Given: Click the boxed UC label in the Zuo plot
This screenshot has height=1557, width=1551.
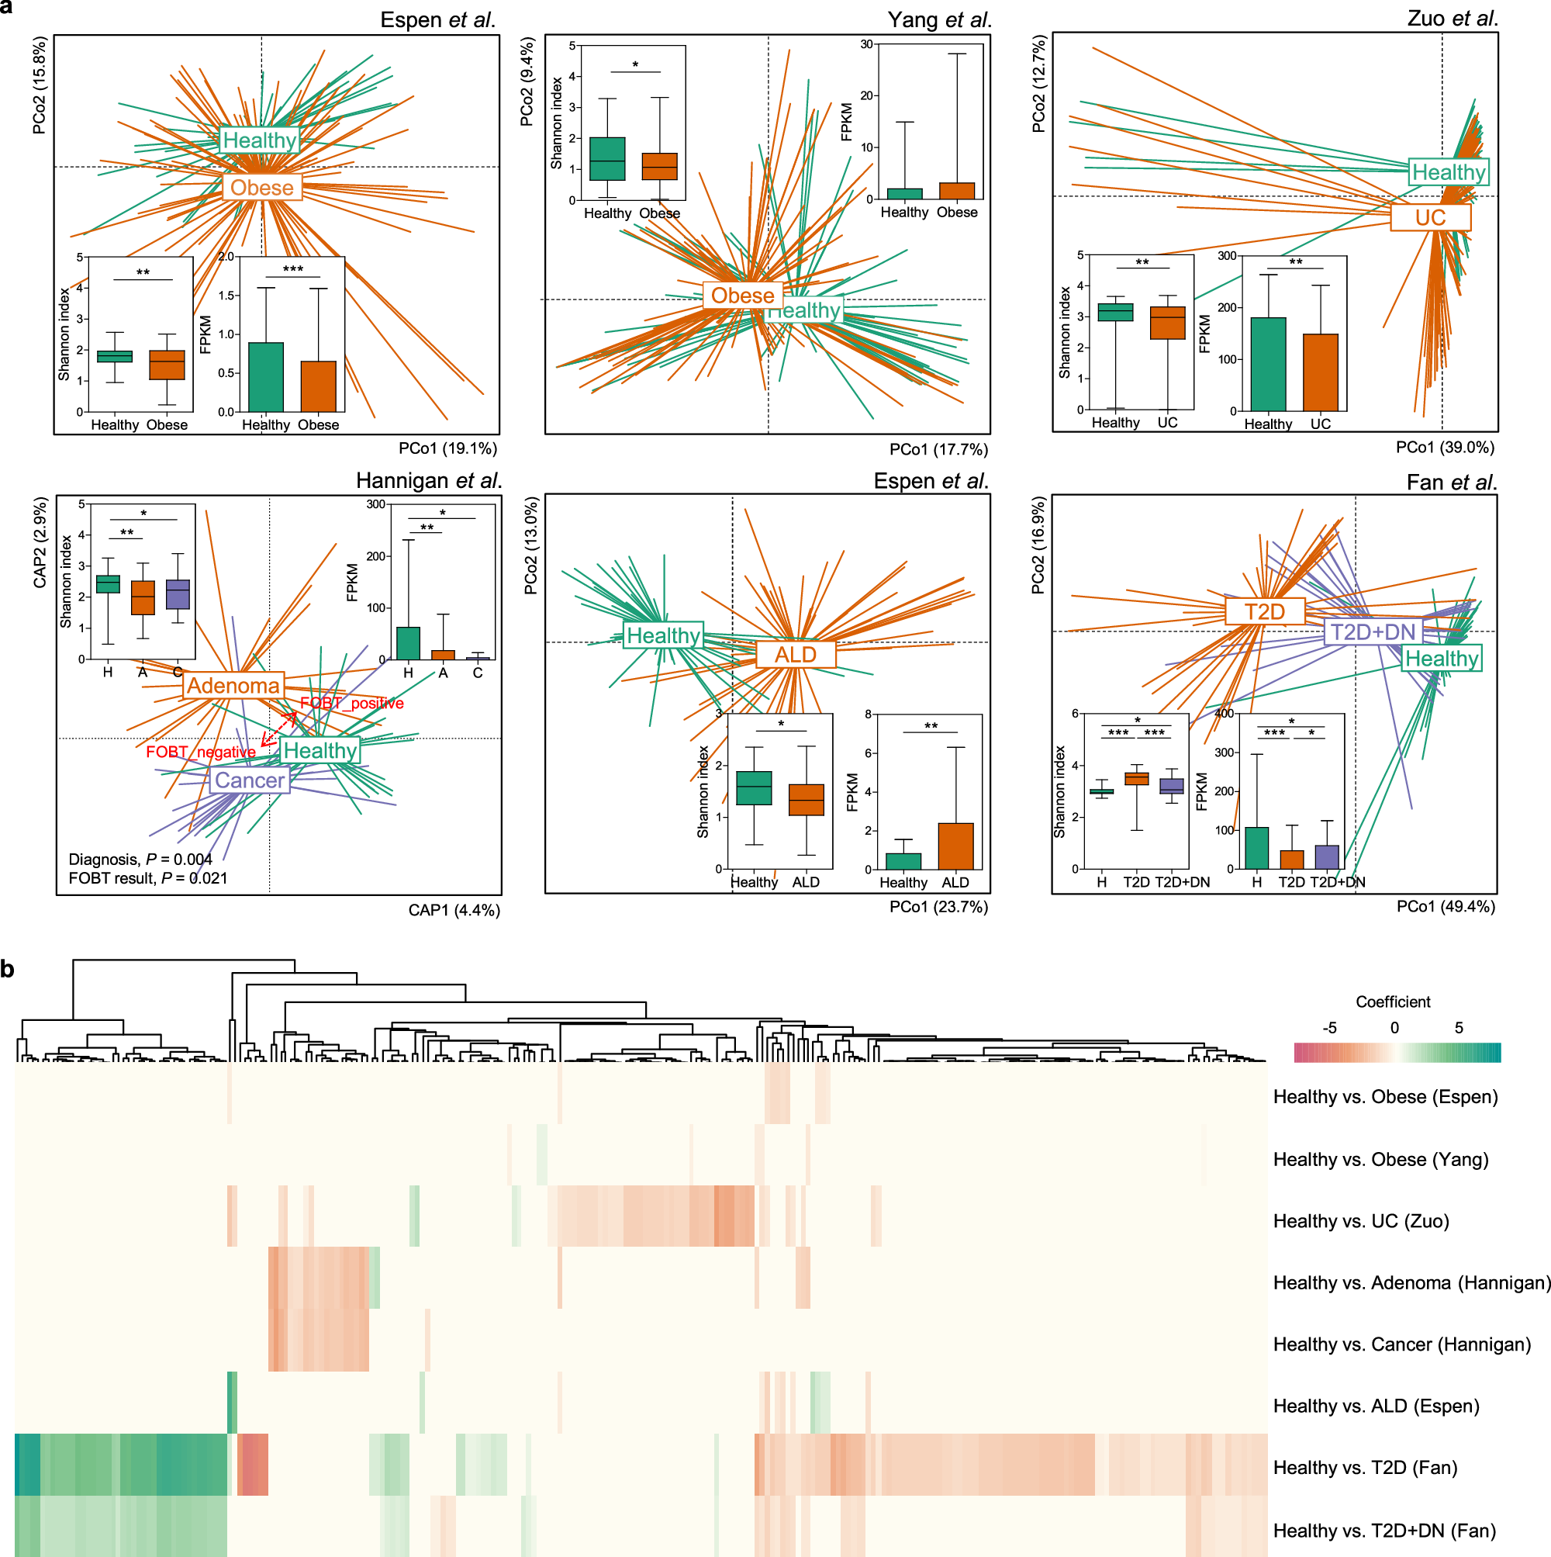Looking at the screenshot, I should [x=1430, y=217].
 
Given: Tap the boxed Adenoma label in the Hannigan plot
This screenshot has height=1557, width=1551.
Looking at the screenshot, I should [x=233, y=686].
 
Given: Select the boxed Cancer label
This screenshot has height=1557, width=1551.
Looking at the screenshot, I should [x=250, y=780].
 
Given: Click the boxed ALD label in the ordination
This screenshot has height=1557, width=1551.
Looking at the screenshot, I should [x=795, y=655].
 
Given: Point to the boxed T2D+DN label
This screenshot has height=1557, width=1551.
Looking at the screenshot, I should [x=1372, y=631].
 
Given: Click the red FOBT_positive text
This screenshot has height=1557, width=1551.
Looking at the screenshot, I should [x=352, y=704].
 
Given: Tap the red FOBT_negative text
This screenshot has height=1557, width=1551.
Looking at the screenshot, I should [x=201, y=752].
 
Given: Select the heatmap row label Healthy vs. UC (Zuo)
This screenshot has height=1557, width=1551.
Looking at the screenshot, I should [x=1361, y=1221].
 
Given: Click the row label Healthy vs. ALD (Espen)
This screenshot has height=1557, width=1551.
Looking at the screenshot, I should [x=1377, y=1406].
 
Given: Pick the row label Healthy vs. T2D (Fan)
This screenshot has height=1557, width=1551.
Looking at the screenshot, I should [x=1365, y=1467].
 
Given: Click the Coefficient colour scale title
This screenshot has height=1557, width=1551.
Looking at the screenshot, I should [x=1393, y=1002].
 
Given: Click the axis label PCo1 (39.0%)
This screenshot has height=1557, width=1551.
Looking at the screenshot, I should [x=1446, y=448].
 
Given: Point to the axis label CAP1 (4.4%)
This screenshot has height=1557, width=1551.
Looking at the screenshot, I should [x=454, y=910].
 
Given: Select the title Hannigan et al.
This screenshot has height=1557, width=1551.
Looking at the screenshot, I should [x=429, y=481].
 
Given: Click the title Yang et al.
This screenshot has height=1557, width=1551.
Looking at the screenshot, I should [x=939, y=19].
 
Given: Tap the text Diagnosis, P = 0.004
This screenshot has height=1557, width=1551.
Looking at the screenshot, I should [x=140, y=859].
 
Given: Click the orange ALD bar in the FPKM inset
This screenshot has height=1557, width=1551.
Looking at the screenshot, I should [x=955, y=846].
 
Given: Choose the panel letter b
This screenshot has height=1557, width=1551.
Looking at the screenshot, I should [x=8, y=969].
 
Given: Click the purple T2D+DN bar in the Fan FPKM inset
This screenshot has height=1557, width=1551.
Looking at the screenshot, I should [x=1326, y=856].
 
